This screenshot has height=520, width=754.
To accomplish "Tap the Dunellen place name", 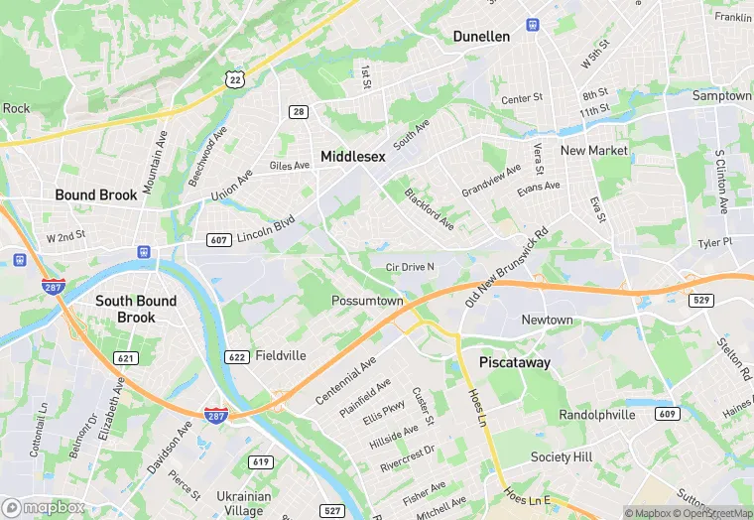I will click(x=481, y=36).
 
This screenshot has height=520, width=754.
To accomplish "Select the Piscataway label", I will click(x=515, y=363).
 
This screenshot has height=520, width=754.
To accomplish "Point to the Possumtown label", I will click(x=367, y=301).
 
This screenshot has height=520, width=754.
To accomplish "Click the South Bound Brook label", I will click(x=136, y=309).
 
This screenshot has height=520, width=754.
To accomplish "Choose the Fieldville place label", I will click(x=281, y=355).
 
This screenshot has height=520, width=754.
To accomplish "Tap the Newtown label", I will click(x=548, y=320).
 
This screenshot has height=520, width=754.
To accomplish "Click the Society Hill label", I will click(x=565, y=456).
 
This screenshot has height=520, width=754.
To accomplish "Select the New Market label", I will click(x=594, y=150).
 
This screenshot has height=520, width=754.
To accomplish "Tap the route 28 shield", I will click(x=299, y=112).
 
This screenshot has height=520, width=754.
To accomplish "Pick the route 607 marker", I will click(x=219, y=239).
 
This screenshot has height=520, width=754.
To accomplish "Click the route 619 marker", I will click(x=261, y=461).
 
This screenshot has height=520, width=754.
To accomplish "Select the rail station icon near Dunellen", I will click(x=534, y=23).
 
